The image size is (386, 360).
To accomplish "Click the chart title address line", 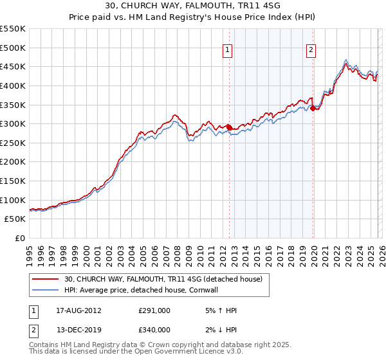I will tap(193, 6).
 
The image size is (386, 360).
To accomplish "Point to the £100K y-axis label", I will tap(13, 200).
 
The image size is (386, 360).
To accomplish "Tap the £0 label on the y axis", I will tap(20, 239).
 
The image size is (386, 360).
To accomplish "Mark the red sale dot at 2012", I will tap(230, 127).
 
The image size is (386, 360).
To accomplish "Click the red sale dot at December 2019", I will tap(313, 109).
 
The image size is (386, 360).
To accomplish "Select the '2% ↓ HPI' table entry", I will tap(219, 330).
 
